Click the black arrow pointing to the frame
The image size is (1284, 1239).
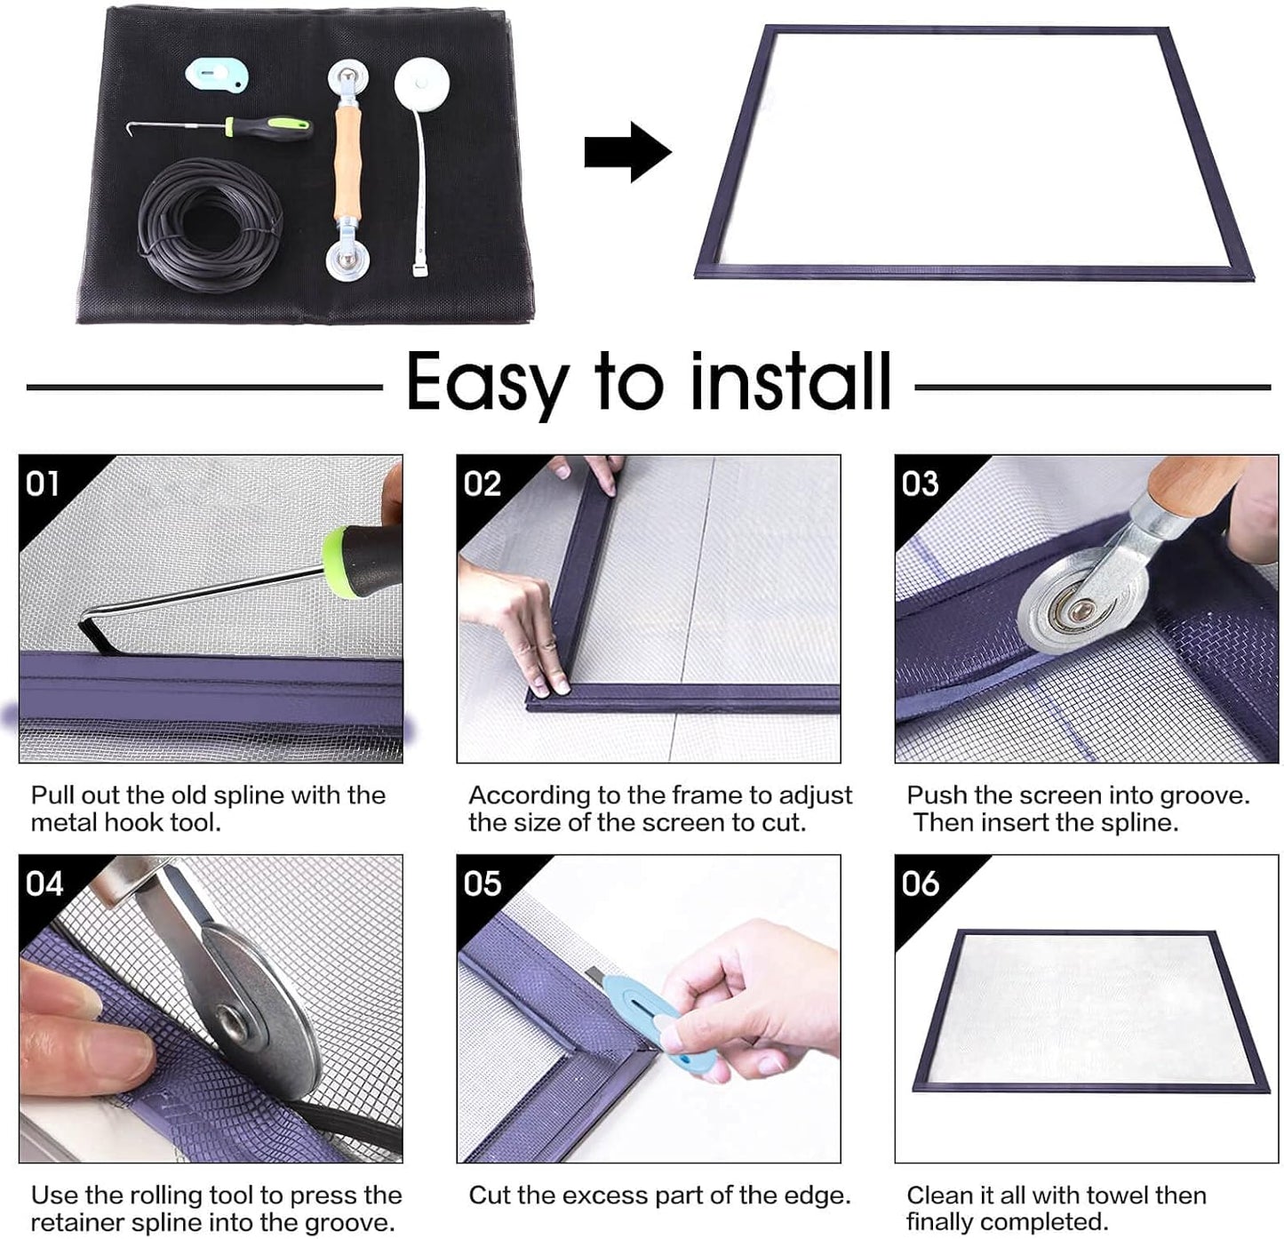coord(626,152)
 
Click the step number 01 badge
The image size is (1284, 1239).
coord(43,484)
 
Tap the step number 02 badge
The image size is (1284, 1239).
coord(482,484)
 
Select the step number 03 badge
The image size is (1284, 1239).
coord(920,484)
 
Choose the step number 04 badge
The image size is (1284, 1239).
coord(44,883)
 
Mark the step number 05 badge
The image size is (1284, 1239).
coord(482,883)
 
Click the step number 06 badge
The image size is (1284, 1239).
coord(920,883)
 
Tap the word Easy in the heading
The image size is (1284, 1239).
coord(487,382)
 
